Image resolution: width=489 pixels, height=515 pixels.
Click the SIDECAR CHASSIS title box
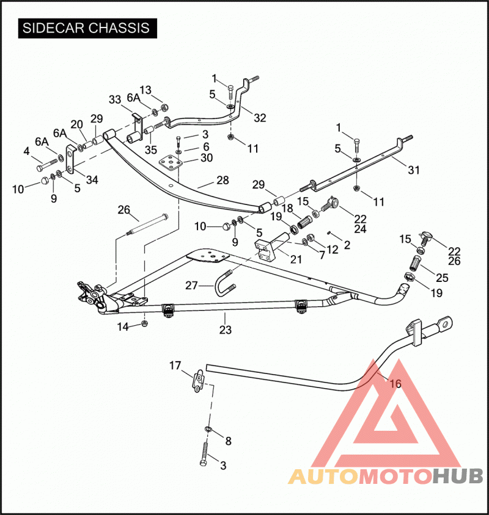[87, 28]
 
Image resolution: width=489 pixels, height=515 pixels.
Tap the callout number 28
[222, 181]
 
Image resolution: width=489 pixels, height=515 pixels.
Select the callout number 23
[226, 330]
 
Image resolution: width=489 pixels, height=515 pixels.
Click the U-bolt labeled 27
[226, 283]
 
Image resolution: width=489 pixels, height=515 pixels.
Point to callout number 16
[395, 383]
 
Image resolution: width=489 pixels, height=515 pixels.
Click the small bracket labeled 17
[198, 380]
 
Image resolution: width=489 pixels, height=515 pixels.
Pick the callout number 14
[123, 327]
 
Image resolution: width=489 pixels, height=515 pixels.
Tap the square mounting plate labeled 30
[170, 162]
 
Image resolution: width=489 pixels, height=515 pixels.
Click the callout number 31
[414, 170]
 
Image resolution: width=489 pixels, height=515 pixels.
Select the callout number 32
[260, 118]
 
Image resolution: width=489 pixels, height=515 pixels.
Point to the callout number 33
[115, 99]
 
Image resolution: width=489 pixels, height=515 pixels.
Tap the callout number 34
[92, 179]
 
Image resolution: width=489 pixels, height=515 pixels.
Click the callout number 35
[151, 149]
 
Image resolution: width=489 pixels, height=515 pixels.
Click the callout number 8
[229, 441]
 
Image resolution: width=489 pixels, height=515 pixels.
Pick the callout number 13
[145, 90]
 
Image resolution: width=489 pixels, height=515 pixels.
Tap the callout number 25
[443, 278]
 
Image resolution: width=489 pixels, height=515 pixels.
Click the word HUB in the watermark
[458, 476]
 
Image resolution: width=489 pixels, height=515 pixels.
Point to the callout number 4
[27, 151]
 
